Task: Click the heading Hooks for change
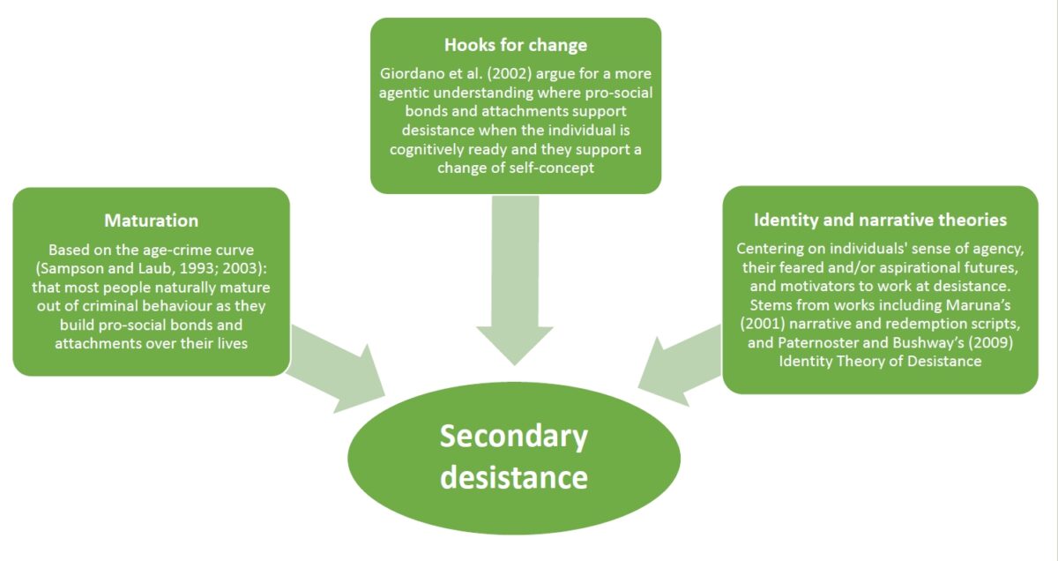click(516, 45)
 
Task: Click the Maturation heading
click(151, 220)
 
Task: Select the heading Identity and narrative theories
click(880, 219)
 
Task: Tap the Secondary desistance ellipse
click(514, 457)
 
